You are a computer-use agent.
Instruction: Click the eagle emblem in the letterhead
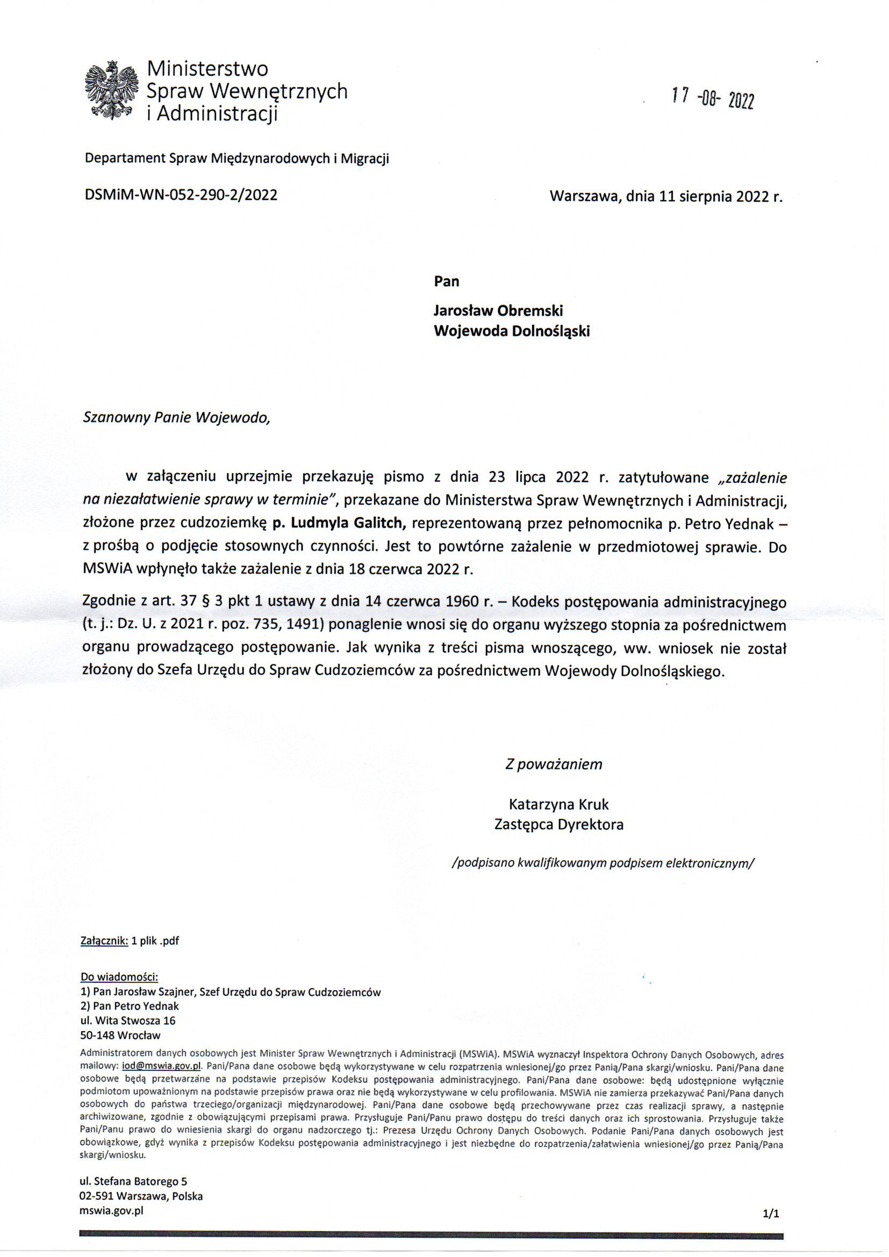(111, 91)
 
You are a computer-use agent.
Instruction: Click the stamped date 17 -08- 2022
(713, 98)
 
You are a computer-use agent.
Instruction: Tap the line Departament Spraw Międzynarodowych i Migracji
(236, 159)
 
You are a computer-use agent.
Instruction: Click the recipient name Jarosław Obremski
(498, 310)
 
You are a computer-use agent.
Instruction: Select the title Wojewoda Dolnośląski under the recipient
(511, 331)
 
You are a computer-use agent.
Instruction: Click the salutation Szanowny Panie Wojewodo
(176, 418)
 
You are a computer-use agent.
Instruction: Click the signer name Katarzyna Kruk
(558, 804)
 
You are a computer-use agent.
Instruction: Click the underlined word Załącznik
(104, 940)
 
